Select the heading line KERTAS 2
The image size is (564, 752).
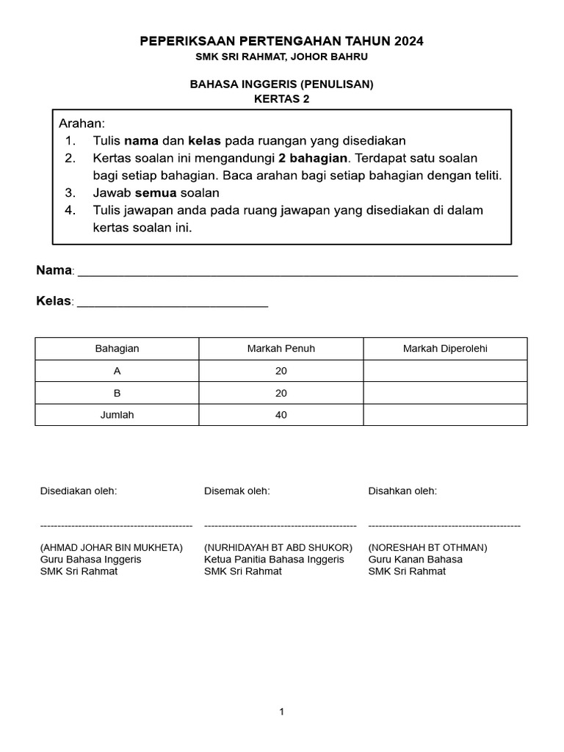tap(282, 99)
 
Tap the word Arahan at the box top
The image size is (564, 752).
tap(82, 123)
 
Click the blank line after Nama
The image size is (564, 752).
tap(297, 272)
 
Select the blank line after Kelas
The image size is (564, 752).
tap(173, 302)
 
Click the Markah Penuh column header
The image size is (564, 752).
tap(281, 349)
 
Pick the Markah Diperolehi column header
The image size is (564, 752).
tap(445, 349)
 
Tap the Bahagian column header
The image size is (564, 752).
tap(117, 349)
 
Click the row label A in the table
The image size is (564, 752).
tap(117, 371)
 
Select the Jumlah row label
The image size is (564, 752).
tap(117, 415)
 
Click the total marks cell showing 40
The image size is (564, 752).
tap(281, 415)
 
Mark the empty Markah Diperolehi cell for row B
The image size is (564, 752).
tap(445, 393)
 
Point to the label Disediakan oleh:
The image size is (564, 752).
tap(79, 491)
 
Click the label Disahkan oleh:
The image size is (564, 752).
tap(402, 491)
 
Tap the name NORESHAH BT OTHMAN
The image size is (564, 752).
tap(427, 548)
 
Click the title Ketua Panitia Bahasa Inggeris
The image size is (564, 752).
tap(274, 560)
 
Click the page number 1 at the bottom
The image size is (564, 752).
tap(281, 712)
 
